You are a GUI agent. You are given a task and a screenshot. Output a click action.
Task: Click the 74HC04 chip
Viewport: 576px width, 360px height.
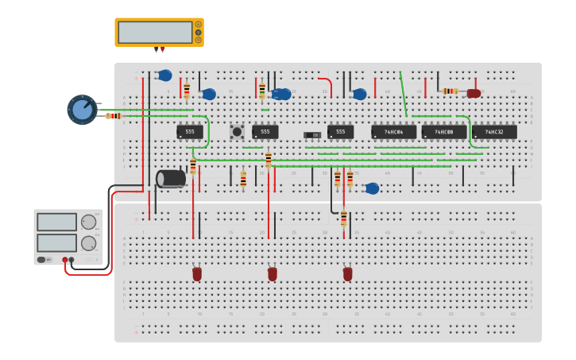tap(393, 132)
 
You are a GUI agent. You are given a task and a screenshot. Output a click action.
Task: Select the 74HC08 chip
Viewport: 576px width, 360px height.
tap(443, 132)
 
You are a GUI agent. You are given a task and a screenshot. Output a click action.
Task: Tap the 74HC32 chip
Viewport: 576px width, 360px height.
tap(493, 132)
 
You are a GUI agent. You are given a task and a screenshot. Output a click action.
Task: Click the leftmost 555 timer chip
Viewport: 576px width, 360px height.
tap(189, 132)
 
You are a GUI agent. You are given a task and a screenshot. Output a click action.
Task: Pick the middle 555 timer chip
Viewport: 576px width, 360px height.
tap(265, 132)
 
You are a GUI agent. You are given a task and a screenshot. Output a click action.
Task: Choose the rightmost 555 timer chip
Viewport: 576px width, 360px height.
tap(340, 132)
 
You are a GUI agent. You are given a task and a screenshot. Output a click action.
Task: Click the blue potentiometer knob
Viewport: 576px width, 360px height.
tap(82, 110)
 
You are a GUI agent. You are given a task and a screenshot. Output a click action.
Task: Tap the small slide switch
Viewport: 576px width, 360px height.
tap(312, 135)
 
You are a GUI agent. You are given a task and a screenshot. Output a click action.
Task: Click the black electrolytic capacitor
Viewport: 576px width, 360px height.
tap(171, 179)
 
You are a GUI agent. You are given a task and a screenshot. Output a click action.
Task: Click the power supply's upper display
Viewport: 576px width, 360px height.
tap(56, 222)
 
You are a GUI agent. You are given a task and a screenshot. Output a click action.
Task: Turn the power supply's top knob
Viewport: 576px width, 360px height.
tap(88, 222)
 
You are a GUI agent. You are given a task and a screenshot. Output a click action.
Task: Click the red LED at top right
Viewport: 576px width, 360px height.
tap(474, 93)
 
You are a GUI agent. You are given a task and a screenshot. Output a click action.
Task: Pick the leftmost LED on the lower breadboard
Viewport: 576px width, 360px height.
tap(197, 273)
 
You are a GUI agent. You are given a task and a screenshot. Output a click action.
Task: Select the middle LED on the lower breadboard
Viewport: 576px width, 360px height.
tap(273, 273)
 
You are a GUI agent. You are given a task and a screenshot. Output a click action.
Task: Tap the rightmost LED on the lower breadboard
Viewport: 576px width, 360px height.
tap(347, 273)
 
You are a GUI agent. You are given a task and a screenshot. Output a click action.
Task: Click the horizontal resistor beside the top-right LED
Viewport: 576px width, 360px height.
tap(450, 91)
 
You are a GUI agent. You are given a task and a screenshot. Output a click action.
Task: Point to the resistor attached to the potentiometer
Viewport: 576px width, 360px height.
tap(114, 116)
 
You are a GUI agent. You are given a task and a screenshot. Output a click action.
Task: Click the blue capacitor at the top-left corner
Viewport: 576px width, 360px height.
tap(164, 75)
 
